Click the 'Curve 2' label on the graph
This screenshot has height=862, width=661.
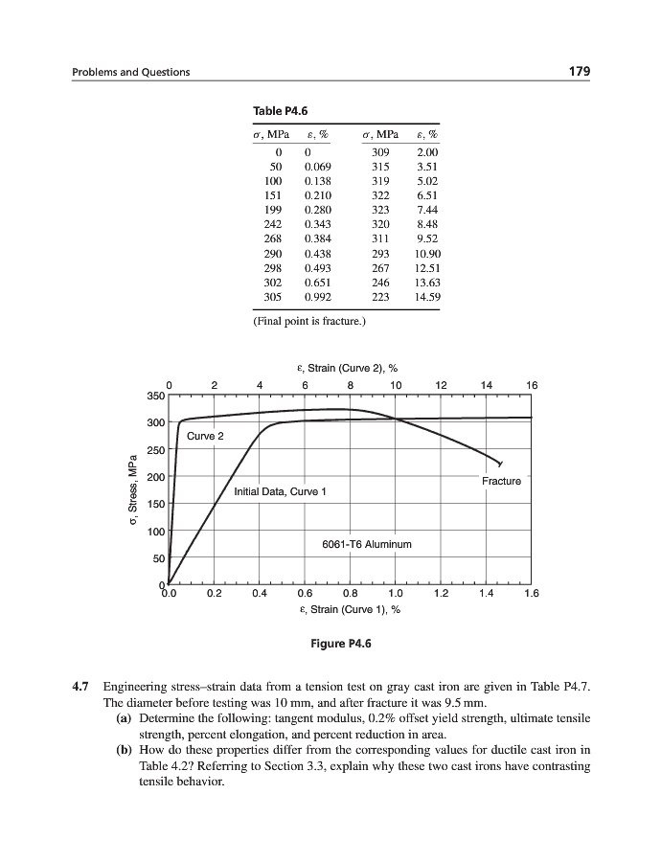point(206,436)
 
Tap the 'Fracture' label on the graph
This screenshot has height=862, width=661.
point(502,481)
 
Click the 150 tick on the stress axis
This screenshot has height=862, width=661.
point(156,503)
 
